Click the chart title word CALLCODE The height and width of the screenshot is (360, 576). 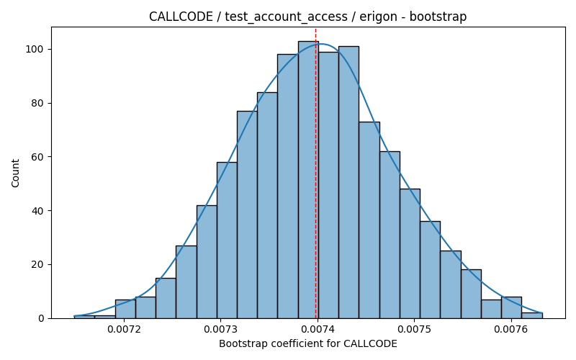click(x=181, y=17)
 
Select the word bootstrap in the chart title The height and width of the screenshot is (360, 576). click(x=438, y=17)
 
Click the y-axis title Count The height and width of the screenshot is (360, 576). click(x=15, y=173)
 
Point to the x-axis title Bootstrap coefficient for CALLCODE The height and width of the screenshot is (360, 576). click(x=308, y=343)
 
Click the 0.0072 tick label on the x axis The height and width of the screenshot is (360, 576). click(x=124, y=329)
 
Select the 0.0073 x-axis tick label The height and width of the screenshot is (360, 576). click(x=221, y=329)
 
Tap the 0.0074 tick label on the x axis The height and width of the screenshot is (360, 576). click(x=318, y=329)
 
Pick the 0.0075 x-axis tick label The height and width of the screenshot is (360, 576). click(x=415, y=329)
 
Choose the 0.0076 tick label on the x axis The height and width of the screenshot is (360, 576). click(x=511, y=329)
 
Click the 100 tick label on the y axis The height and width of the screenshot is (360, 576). click(x=35, y=49)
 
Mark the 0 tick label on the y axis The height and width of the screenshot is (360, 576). click(x=41, y=318)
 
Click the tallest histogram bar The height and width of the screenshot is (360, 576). click(x=308, y=179)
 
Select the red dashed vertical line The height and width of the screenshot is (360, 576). click(x=315, y=173)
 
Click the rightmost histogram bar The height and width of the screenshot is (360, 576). click(x=532, y=315)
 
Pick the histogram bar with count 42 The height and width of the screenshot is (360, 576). click(x=207, y=262)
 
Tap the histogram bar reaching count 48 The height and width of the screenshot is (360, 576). click(x=410, y=253)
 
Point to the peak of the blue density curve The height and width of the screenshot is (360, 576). click(x=321, y=44)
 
